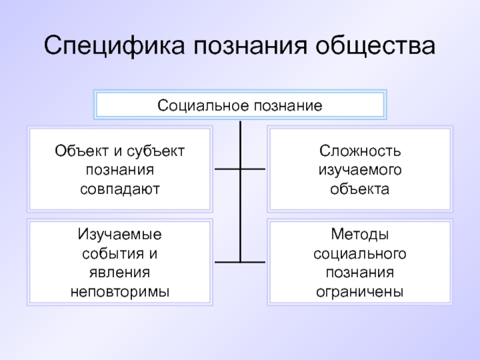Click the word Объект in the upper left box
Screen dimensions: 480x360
pyautogui.click(x=74, y=151)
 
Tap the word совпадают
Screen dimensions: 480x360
pyautogui.click(x=120, y=189)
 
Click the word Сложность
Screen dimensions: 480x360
pyautogui.click(x=360, y=151)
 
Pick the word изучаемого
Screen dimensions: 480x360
pyautogui.click(x=360, y=170)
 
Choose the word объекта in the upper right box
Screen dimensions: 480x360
pyautogui.click(x=360, y=189)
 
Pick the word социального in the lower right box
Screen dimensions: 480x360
pyautogui.click(x=360, y=253)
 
